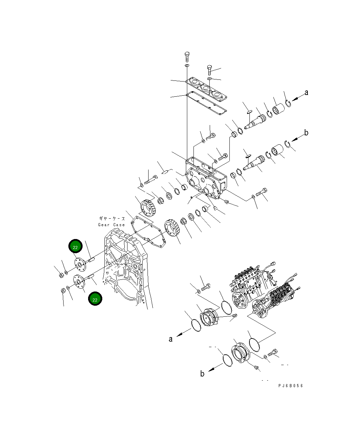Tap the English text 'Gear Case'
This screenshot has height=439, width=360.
(x=111, y=225)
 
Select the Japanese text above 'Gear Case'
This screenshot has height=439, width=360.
(x=112, y=219)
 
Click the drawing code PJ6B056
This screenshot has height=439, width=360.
(x=290, y=386)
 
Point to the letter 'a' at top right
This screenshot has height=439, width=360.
(x=306, y=93)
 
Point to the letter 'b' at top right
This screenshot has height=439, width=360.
(x=306, y=133)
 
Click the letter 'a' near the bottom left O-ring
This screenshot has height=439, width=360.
(x=171, y=339)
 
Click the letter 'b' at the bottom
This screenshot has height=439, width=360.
(x=202, y=373)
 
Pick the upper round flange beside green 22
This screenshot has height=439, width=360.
(x=80, y=265)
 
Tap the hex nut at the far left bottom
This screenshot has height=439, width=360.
(x=63, y=291)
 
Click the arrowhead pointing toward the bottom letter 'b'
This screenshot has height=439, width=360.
(x=211, y=369)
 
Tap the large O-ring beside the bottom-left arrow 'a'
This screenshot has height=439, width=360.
(x=196, y=326)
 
